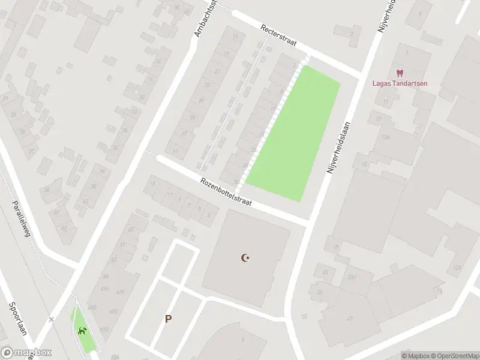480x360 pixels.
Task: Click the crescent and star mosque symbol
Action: [x=245, y=258]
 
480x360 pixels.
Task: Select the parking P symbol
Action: [x=169, y=319]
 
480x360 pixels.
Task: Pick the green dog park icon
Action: [x=82, y=331]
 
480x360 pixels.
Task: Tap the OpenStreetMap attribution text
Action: [x=450, y=356]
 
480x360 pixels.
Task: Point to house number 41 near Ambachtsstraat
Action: [x=175, y=151]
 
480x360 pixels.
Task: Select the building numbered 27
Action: [x=349, y=318]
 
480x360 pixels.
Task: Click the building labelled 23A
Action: [x=352, y=277]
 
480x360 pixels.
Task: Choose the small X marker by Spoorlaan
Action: [x=51, y=319]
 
